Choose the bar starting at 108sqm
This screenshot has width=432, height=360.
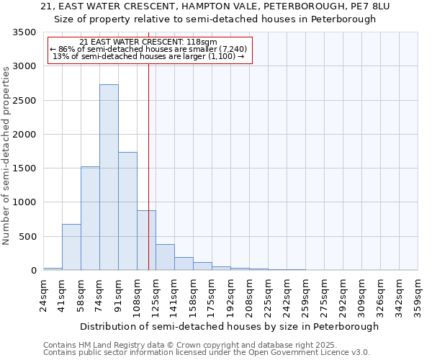(146, 240)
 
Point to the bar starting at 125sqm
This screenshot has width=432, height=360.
(165, 257)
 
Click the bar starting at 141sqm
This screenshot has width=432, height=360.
(184, 264)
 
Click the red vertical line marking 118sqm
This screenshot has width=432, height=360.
(148, 144)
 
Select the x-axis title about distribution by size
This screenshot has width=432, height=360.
(230, 326)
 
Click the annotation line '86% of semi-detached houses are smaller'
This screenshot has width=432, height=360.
(150, 49)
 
